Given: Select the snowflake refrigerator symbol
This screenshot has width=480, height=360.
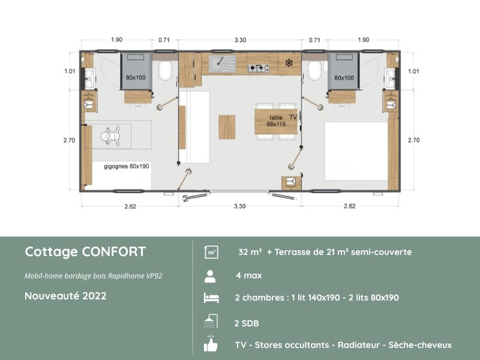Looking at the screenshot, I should (x=289, y=63).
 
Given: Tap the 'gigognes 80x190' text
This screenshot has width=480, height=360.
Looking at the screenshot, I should (x=126, y=166).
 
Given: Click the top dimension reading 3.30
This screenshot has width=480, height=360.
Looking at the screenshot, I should (x=239, y=40).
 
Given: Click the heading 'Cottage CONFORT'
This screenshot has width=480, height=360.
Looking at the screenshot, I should (x=85, y=251).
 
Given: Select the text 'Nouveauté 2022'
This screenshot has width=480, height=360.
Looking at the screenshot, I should (x=66, y=296).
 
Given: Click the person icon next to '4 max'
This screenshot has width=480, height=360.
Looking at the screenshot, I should (x=211, y=276).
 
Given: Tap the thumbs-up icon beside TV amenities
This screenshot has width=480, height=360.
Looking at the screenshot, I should (x=211, y=344).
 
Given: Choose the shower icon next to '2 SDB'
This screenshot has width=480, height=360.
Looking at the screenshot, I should (x=211, y=322).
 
